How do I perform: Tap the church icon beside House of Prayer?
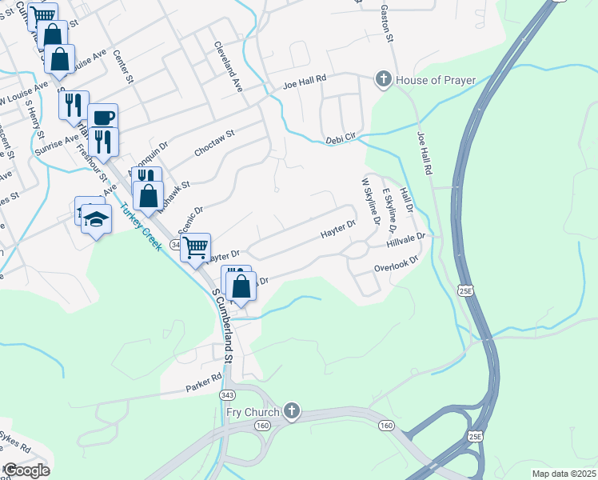click(x=384, y=79)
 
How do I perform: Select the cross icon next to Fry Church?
click(x=292, y=412)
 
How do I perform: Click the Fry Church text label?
click(x=252, y=412)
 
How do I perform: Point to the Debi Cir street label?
click(x=340, y=141)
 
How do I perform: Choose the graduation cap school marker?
click(x=96, y=218)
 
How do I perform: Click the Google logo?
click(x=26, y=470)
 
